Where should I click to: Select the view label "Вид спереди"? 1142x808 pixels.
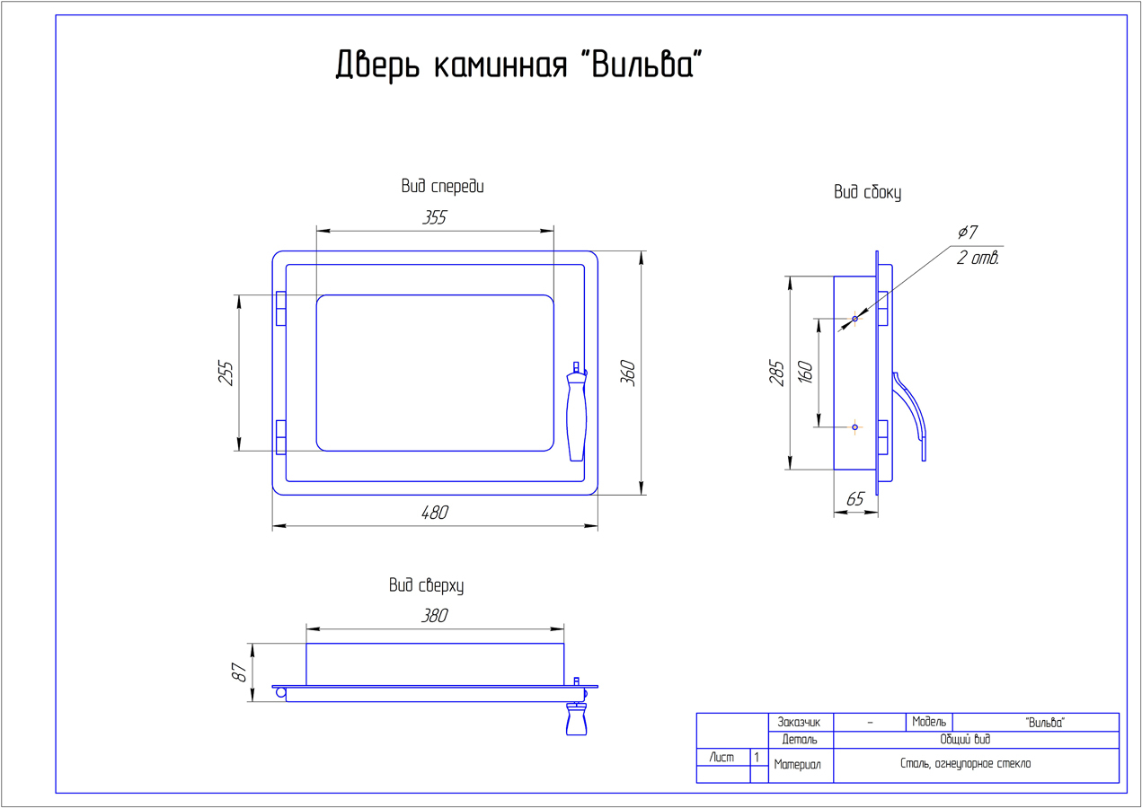pyautogui.click(x=442, y=187)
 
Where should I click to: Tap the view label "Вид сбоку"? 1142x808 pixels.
pyautogui.click(x=867, y=192)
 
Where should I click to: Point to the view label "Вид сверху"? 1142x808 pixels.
pyautogui.click(x=426, y=586)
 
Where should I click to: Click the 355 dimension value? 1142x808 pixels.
pyautogui.click(x=434, y=217)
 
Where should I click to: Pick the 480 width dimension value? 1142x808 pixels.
pyautogui.click(x=434, y=514)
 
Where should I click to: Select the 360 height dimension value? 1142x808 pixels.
pyautogui.click(x=628, y=373)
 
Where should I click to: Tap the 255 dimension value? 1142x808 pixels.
pyautogui.click(x=226, y=373)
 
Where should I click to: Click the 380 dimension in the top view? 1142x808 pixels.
pyautogui.click(x=434, y=616)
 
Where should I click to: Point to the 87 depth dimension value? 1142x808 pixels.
pyautogui.click(x=240, y=672)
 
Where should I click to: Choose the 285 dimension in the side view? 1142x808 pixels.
pyautogui.click(x=776, y=373)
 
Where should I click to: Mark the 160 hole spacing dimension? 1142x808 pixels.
pyautogui.click(x=805, y=372)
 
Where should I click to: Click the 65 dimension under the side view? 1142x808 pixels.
pyautogui.click(x=854, y=499)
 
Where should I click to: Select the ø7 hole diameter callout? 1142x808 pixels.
pyautogui.click(x=967, y=233)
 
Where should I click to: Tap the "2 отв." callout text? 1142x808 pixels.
pyautogui.click(x=978, y=259)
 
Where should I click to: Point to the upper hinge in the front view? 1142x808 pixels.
pyautogui.click(x=280, y=308)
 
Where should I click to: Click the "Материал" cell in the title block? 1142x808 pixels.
pyautogui.click(x=797, y=765)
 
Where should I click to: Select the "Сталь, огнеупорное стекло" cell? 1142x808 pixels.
pyautogui.click(x=965, y=764)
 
